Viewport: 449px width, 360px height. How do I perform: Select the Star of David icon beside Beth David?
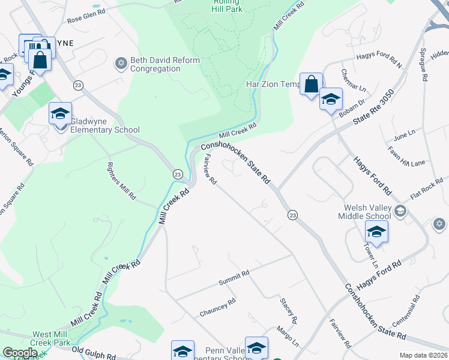pos(120,62)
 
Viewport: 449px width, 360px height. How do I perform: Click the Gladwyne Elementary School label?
pos(105,130)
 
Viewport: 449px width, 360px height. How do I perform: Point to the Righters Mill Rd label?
pos(121,181)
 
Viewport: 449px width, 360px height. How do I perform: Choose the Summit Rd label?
pos(234,276)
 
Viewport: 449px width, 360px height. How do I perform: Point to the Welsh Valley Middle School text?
pos(364,212)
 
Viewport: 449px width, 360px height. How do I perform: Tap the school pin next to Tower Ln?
pos(376,231)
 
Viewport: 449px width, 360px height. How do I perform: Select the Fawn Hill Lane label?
pos(406,157)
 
